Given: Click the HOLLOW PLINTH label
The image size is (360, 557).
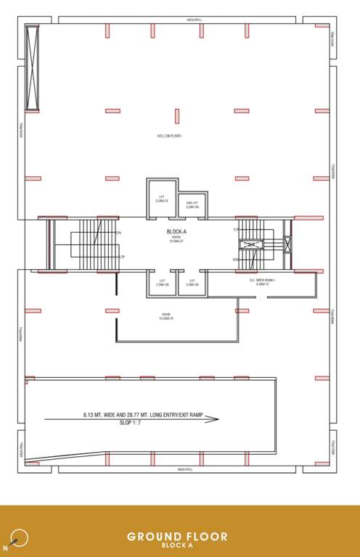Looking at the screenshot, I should pyautogui.click(x=169, y=136).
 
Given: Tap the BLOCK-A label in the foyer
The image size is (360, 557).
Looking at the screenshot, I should pyautogui.click(x=176, y=232).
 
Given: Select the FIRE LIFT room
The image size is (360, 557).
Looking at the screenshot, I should pyautogui.click(x=192, y=205).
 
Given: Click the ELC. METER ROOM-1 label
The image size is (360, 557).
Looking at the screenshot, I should pyautogui.click(x=262, y=281).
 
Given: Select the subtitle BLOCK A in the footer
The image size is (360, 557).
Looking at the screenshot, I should pyautogui.click(x=177, y=546).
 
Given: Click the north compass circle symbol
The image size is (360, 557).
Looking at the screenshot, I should pyautogui.click(x=20, y=537).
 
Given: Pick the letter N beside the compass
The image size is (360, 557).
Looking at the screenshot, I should pyautogui.click(x=6, y=548).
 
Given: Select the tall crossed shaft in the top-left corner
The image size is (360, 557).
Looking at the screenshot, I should pyautogui.click(x=32, y=67).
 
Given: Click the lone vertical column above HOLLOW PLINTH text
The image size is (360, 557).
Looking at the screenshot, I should pyautogui.click(x=176, y=116).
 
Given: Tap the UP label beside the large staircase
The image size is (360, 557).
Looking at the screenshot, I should pyautogui.click(x=122, y=257).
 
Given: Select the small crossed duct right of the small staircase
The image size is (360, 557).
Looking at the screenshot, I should pyautogui.click(x=287, y=244).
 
